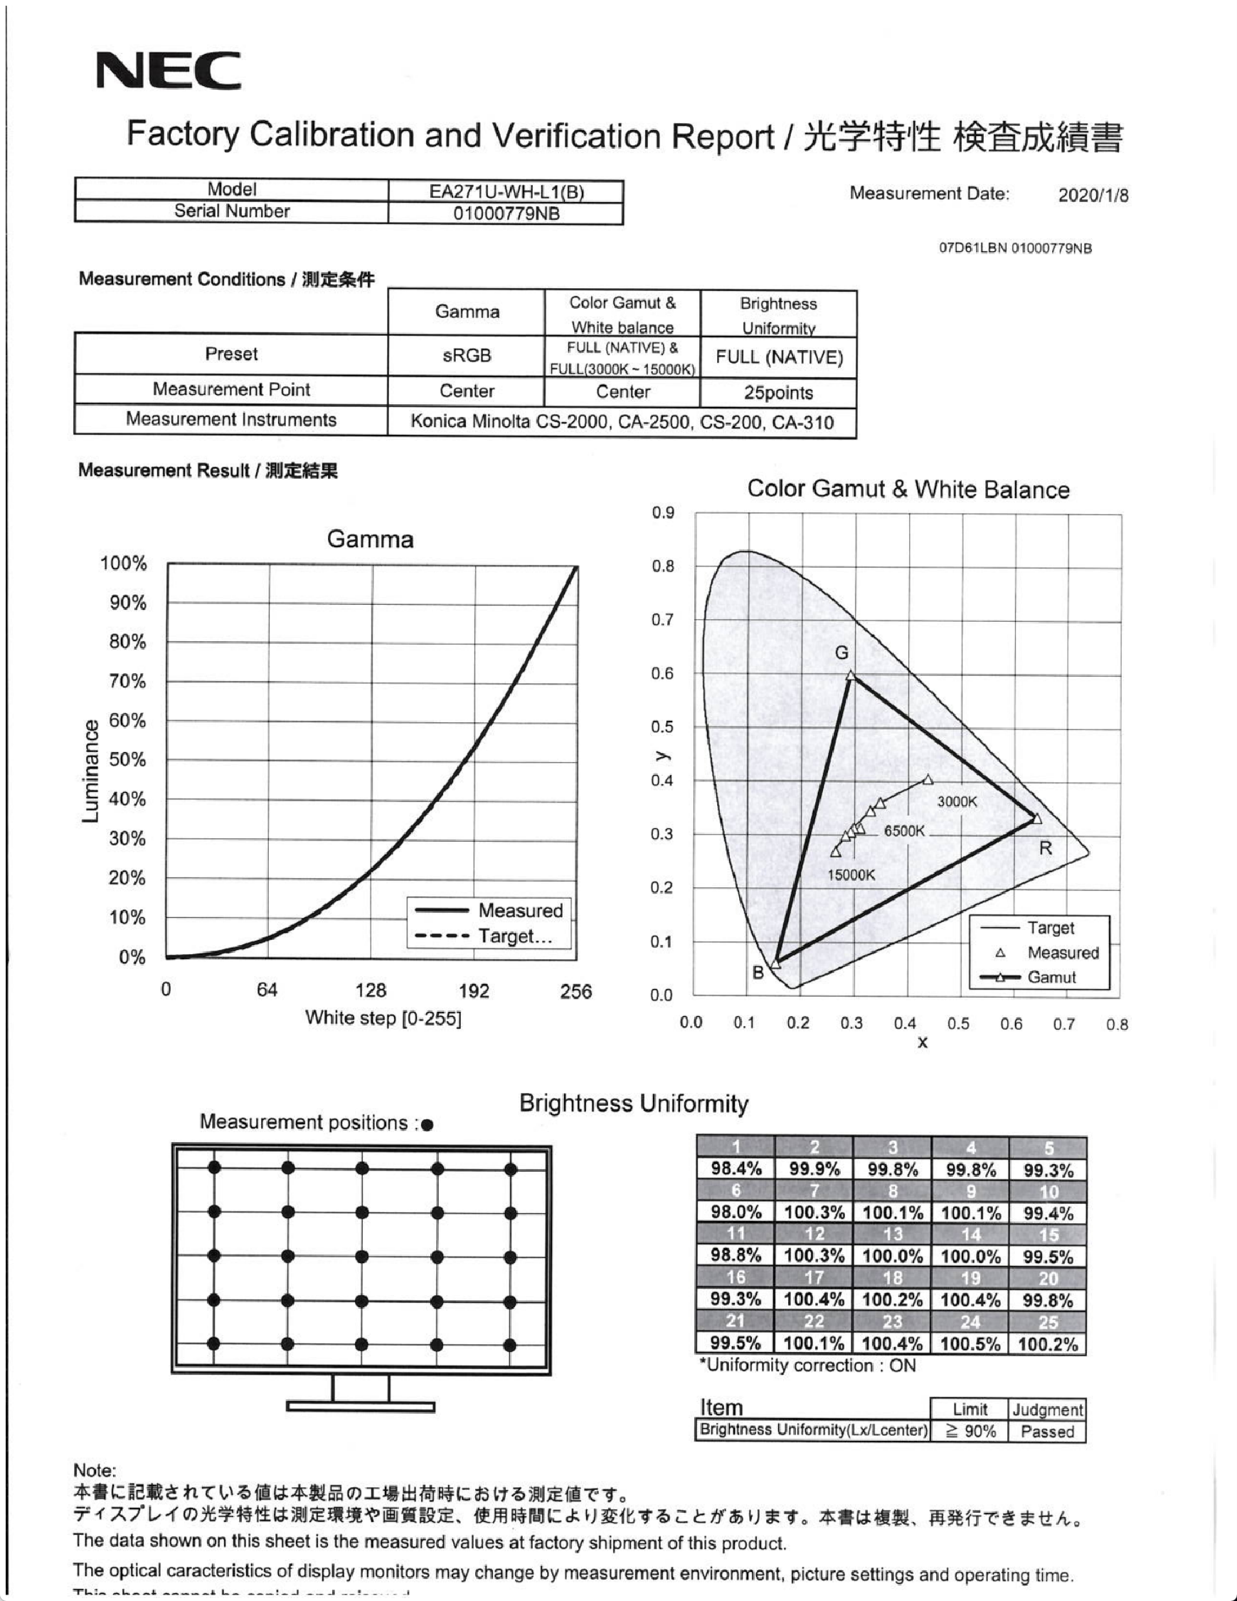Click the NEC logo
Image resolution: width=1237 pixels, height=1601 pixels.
click(x=168, y=70)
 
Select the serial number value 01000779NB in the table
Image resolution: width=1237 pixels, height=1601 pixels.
click(x=506, y=214)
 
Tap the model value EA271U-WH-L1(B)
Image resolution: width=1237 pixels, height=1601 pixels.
click(x=506, y=192)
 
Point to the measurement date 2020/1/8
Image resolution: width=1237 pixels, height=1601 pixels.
click(x=1093, y=195)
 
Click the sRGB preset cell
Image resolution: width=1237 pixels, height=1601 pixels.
click(x=466, y=356)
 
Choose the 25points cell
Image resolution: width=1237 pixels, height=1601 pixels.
click(x=778, y=393)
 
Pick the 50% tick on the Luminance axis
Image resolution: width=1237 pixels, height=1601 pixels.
click(x=127, y=759)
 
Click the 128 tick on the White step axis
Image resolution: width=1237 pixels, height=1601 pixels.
click(x=371, y=991)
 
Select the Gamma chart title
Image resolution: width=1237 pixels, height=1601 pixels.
click(x=370, y=539)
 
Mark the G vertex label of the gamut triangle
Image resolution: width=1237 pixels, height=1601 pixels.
click(x=842, y=652)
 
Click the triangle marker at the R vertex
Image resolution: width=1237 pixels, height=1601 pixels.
click(x=1036, y=818)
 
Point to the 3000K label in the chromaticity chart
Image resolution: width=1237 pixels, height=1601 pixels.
click(x=957, y=802)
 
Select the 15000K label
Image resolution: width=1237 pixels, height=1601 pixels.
click(x=851, y=875)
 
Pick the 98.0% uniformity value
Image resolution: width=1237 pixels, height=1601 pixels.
click(x=736, y=1212)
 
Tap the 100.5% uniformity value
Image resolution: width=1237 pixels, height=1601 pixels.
click(x=970, y=1343)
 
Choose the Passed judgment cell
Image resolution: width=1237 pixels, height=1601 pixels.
click(x=1046, y=1432)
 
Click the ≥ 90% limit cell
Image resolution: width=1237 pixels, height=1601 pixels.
click(x=970, y=1432)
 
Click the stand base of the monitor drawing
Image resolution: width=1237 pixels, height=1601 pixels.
click(x=361, y=1406)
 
